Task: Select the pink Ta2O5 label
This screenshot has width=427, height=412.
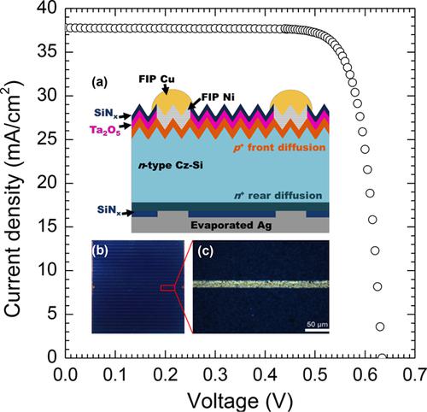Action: point(107,128)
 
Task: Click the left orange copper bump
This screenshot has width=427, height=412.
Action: point(170,102)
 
